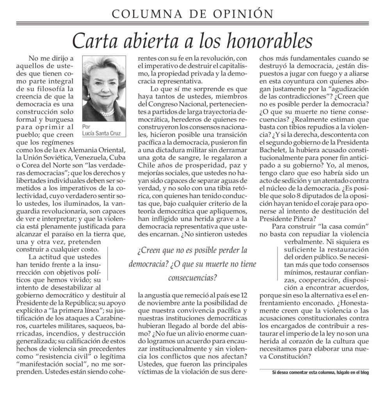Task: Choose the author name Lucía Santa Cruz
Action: pyautogui.click(x=104, y=133)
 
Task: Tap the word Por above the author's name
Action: pyautogui.click(x=87, y=127)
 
